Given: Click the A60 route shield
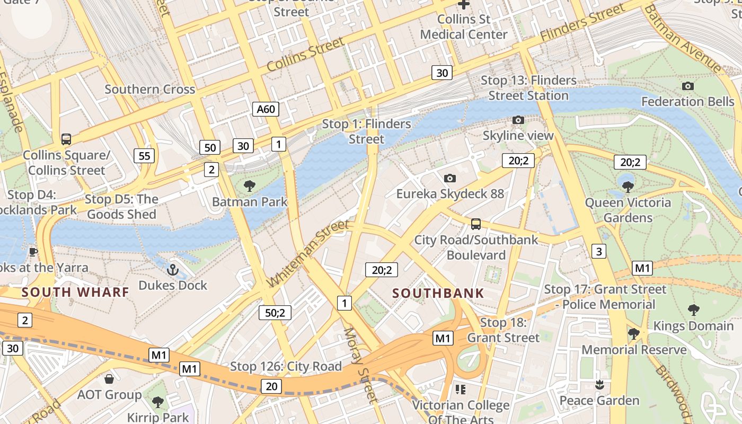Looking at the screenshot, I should tap(266, 109).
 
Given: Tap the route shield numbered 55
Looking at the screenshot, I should tap(145, 156).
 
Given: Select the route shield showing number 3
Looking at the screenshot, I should tap(598, 251).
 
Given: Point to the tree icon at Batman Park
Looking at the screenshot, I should tap(249, 186).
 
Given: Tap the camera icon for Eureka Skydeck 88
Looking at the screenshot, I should tap(450, 178).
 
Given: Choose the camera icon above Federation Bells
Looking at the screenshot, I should tap(687, 86).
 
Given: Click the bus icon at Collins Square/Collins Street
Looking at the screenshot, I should tap(66, 139).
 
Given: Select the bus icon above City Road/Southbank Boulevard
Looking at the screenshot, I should tap(476, 224).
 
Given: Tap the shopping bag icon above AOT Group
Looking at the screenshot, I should tap(109, 379).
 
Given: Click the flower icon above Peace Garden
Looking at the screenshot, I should tap(599, 385).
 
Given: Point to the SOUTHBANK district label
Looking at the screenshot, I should tap(438, 293).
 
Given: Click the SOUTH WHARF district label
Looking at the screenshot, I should tap(75, 292).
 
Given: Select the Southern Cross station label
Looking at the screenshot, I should tap(150, 89).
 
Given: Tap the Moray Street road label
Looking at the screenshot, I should tap(359, 366).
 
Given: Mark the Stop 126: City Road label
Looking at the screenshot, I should tap(286, 366).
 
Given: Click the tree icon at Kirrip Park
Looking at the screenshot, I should tap(157, 402).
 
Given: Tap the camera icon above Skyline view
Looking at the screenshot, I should tap(518, 120).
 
